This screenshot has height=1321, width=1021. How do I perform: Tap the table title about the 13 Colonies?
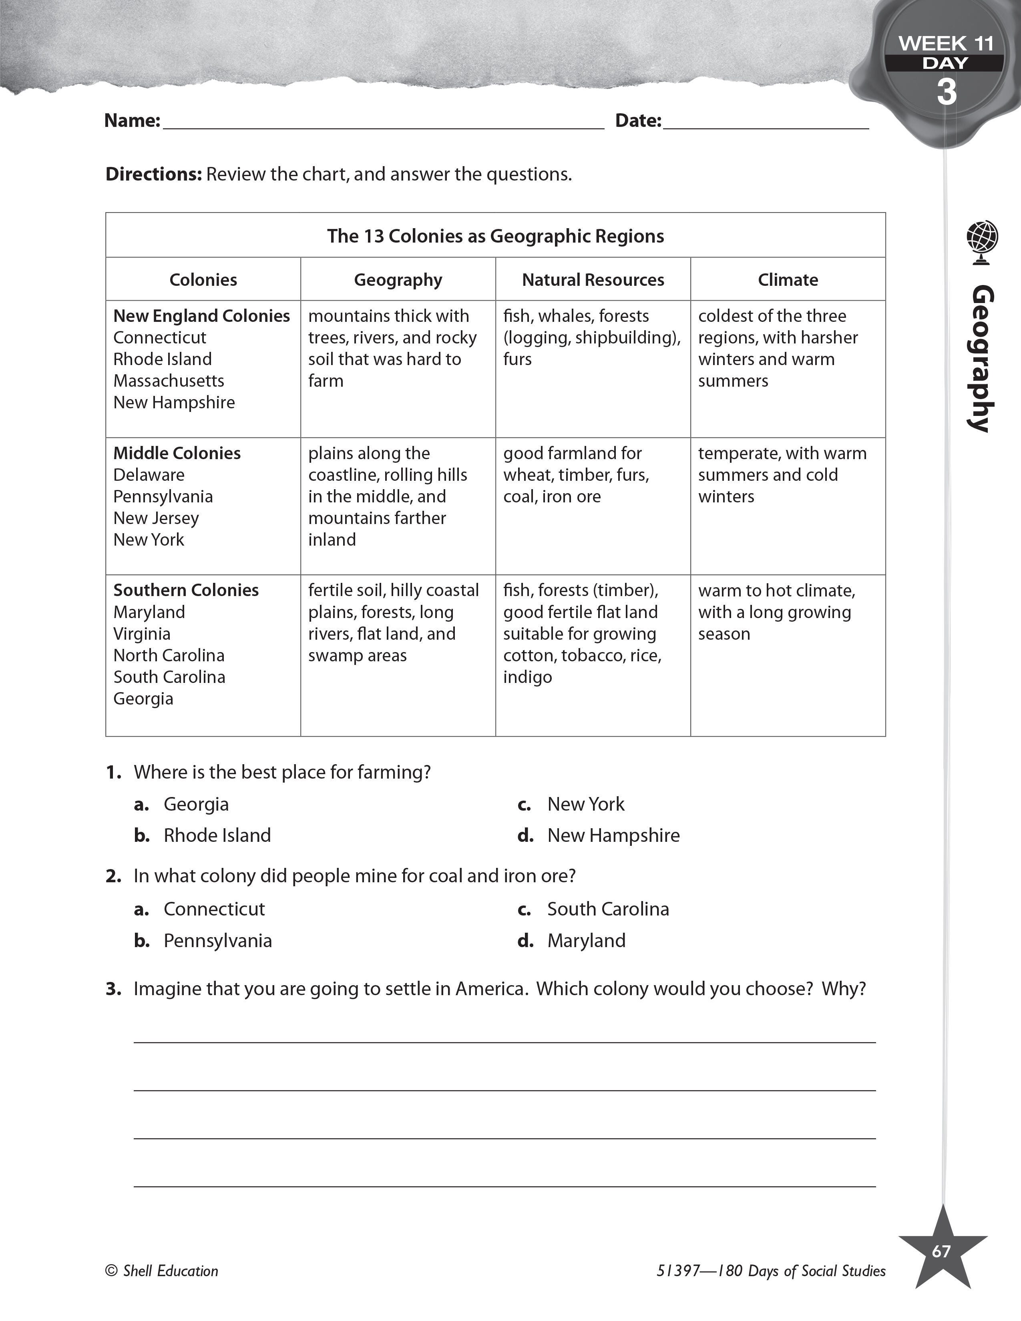495,236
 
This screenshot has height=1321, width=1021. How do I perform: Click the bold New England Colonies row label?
201,316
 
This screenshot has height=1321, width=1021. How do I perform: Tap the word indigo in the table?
527,677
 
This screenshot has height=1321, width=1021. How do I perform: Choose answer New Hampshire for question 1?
613,835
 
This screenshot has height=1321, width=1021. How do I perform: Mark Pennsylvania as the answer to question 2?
218,941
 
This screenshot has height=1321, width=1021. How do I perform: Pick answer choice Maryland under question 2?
586,941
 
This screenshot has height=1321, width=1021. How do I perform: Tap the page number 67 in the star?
941,1251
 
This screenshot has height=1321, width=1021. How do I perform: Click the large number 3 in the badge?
947,92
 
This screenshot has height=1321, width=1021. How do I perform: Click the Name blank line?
384,122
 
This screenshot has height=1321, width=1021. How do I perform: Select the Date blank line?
765,122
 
